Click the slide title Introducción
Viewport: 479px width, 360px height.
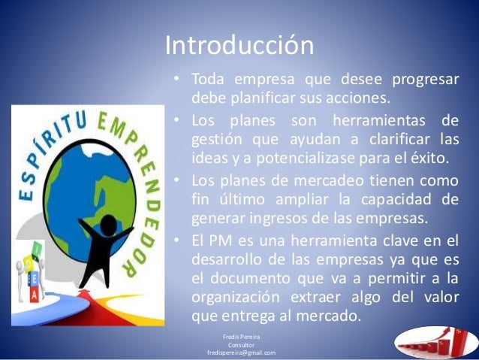coord(239,46)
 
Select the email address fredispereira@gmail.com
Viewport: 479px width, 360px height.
coord(240,352)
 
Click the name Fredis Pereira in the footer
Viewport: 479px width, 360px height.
coord(240,337)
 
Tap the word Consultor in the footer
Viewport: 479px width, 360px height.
coord(240,344)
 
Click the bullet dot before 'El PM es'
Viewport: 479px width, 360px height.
coord(175,239)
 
